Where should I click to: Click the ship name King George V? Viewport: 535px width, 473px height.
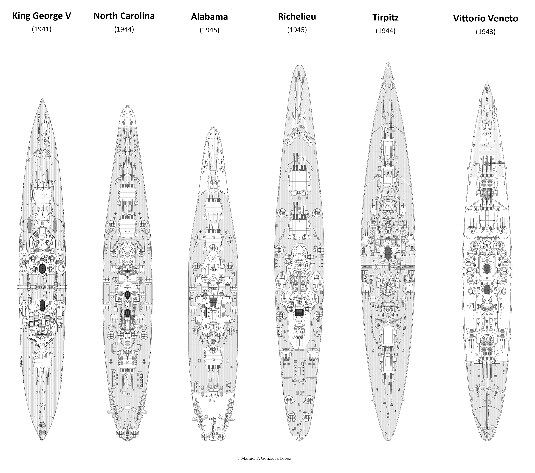click(42, 16)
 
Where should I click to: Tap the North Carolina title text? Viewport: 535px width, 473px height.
click(124, 16)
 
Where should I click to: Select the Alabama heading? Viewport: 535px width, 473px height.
click(209, 17)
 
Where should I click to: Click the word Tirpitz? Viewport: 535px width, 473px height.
click(385, 17)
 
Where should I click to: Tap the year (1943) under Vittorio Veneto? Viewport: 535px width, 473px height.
click(486, 32)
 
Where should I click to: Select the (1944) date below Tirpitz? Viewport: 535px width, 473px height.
click(385, 31)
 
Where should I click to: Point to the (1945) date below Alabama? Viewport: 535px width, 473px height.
click(209, 30)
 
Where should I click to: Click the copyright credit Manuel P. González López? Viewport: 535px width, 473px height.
click(264, 458)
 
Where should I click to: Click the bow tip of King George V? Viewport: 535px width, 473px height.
click(42, 99)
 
